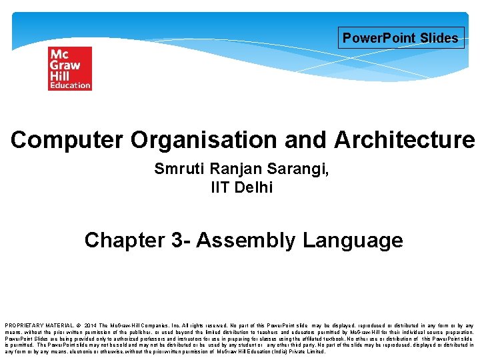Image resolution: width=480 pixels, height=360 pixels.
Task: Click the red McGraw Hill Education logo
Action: [69, 68]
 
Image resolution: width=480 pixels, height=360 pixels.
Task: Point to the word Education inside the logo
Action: [69, 85]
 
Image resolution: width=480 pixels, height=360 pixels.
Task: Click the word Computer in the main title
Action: [67, 140]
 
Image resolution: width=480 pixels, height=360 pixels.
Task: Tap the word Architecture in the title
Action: [404, 140]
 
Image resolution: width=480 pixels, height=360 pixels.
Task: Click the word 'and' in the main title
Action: [307, 140]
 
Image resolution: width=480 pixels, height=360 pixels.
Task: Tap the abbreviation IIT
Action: [221, 187]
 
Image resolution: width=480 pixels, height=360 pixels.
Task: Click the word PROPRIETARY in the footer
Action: [23, 325]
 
